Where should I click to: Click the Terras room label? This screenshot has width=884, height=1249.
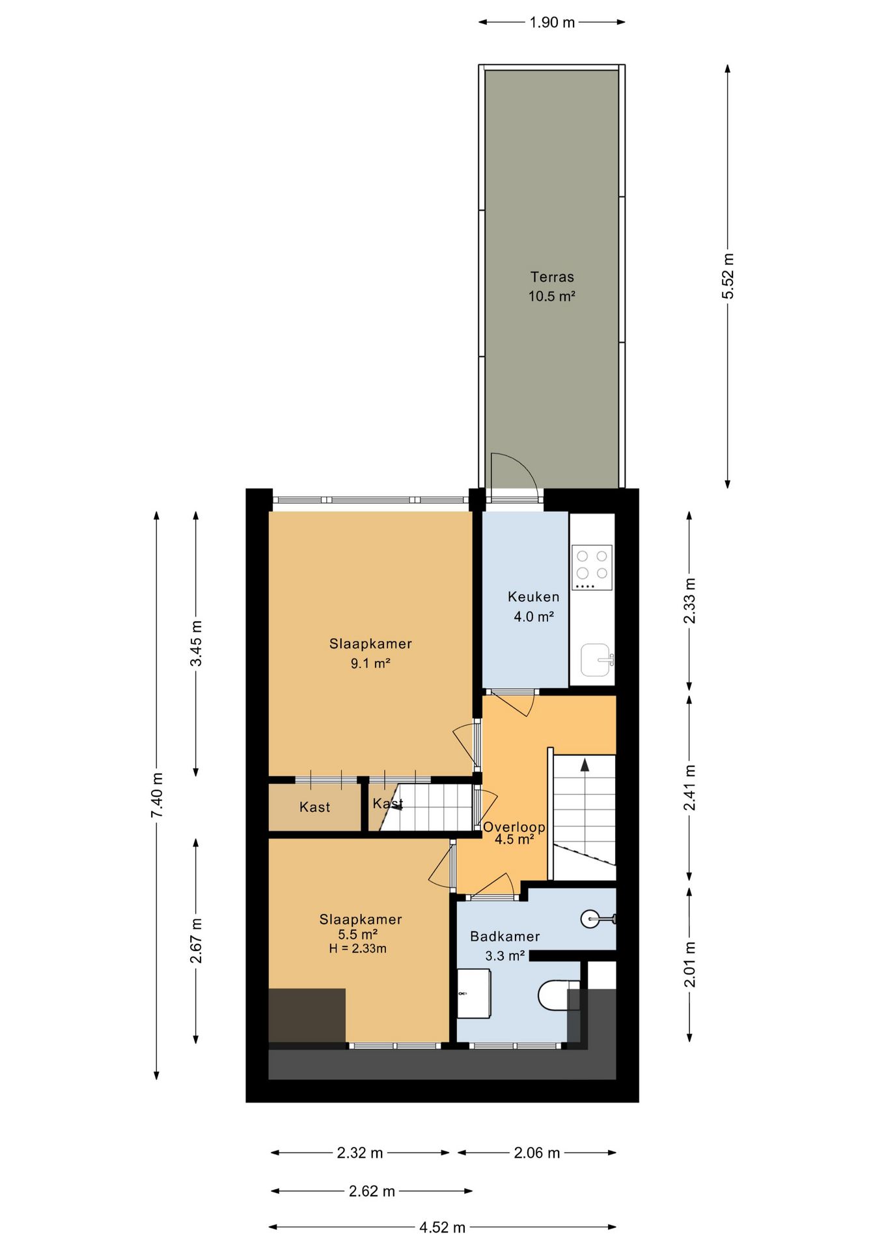pos(552,277)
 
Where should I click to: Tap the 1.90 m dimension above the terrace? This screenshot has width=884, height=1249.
pos(552,22)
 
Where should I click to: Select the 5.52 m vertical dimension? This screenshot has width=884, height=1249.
pos(727,276)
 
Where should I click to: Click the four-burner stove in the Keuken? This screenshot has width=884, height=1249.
pos(592,567)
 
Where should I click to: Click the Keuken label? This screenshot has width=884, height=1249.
pos(533,597)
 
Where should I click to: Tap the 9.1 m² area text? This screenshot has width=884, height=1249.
pos(370,664)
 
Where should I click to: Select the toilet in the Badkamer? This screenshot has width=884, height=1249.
pos(559,995)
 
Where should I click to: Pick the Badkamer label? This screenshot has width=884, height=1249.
pos(505,936)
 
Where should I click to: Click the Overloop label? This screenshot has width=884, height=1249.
pos(514,827)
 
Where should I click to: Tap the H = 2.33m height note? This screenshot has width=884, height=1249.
pos(358,948)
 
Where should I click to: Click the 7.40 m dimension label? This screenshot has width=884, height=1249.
pos(157,796)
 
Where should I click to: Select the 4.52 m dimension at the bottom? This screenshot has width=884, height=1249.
pos(443,1227)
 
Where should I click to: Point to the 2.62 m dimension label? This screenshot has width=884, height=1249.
pos(372,1191)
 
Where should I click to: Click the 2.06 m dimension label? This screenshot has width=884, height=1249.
pos(537,1153)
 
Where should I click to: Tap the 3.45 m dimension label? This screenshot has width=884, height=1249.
pos(196,643)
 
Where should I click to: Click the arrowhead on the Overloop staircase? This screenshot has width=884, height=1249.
pos(585,765)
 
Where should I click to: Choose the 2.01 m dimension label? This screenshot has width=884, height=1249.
pos(689,964)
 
